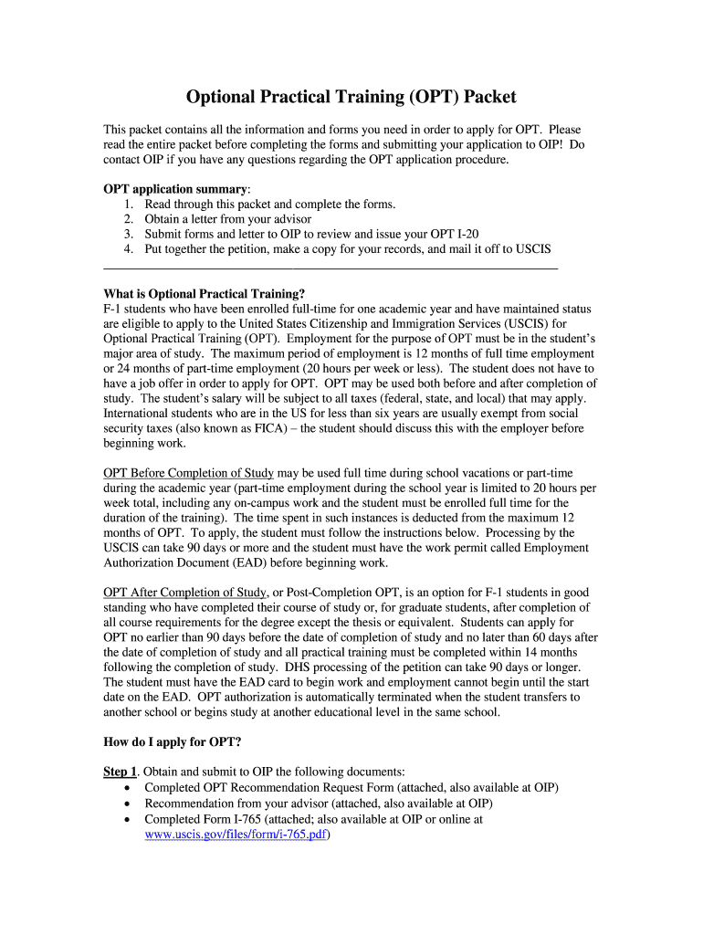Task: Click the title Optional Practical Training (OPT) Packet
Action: point(351,96)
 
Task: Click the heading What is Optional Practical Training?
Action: point(205,294)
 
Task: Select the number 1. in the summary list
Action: point(129,205)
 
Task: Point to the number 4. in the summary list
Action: point(129,249)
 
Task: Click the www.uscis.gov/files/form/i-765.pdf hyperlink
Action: point(236,835)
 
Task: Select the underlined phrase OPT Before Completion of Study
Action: point(189,473)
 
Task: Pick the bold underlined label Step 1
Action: point(121,772)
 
